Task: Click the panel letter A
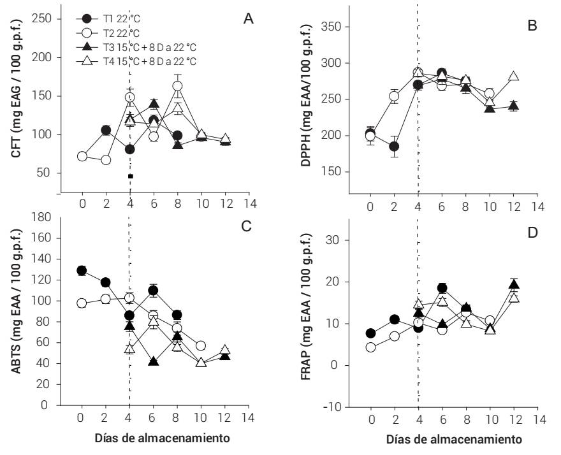pos(249,18)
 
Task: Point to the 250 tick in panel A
pos(42,18)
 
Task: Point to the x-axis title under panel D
pos(454,440)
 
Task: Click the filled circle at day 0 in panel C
pos(81,270)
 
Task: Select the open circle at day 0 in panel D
pos(370,347)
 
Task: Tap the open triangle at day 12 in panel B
pos(514,76)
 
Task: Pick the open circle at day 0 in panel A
pos(82,156)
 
